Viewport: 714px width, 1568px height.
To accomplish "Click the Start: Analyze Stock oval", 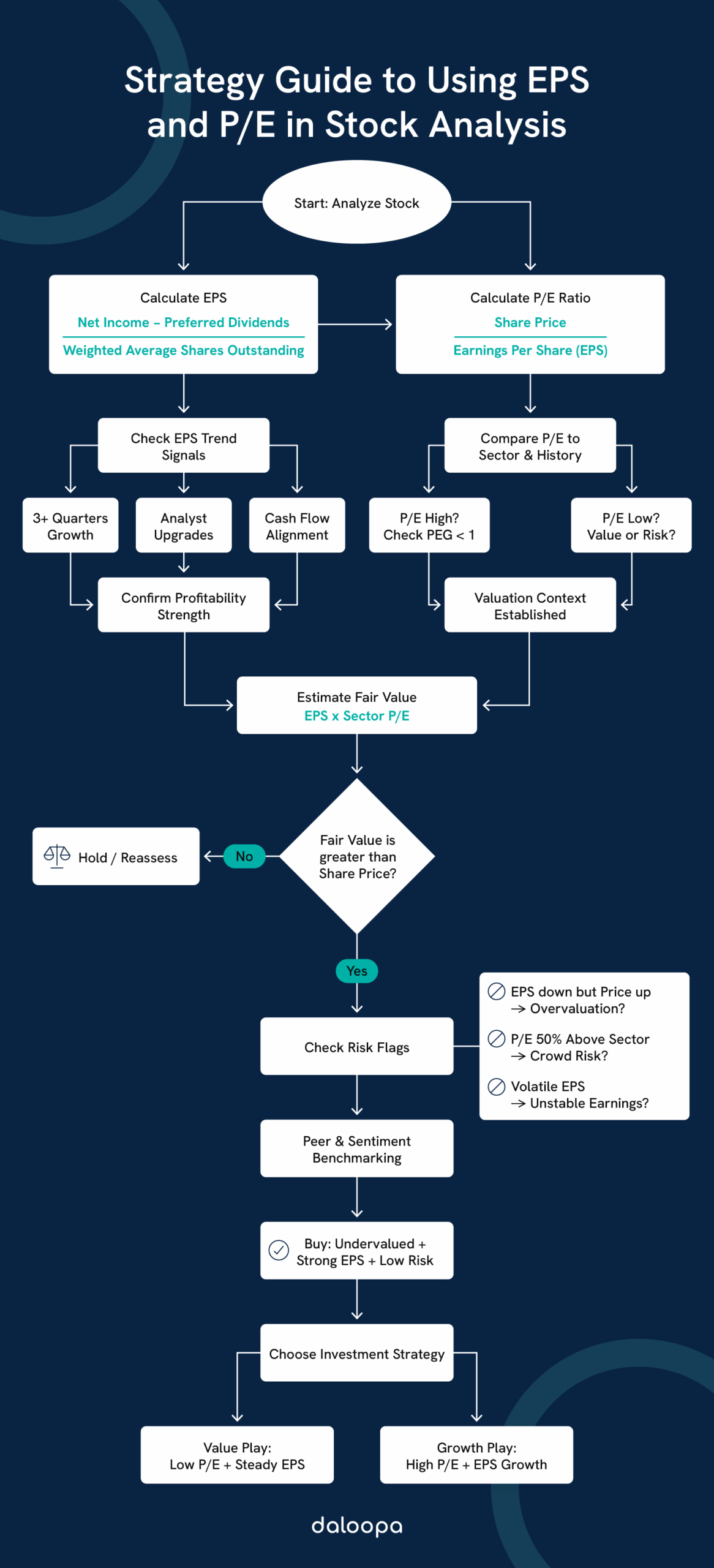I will (356, 202).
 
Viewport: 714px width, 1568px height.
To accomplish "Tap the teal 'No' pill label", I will (244, 856).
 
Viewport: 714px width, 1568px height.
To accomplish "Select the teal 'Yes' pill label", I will (356, 971).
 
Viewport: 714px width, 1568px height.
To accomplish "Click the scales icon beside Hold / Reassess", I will (57, 856).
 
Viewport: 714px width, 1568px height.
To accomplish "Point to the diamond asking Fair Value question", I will (357, 856).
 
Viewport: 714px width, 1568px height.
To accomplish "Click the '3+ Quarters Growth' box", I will (70, 526).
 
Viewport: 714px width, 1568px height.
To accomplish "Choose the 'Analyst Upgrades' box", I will (184, 526).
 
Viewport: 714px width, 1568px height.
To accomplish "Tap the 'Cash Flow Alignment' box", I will (297, 526).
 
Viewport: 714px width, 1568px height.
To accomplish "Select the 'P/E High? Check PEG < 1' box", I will (429, 526).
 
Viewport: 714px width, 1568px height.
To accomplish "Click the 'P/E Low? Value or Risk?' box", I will (631, 526).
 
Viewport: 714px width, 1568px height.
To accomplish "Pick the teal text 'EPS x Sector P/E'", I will (356, 715).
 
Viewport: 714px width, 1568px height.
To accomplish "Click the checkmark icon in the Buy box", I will (279, 1250).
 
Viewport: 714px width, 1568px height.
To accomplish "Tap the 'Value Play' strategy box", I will (237, 1455).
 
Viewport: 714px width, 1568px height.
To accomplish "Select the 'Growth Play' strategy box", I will (476, 1455).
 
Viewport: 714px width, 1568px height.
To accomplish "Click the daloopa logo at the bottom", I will (356, 1525).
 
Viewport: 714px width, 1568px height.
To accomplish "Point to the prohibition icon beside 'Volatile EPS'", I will (496, 1087).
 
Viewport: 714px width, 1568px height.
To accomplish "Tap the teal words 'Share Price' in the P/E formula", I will (530, 322).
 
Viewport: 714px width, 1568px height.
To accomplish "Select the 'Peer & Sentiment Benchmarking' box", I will (356, 1148).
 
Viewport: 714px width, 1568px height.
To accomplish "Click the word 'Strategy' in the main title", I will (194, 81).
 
